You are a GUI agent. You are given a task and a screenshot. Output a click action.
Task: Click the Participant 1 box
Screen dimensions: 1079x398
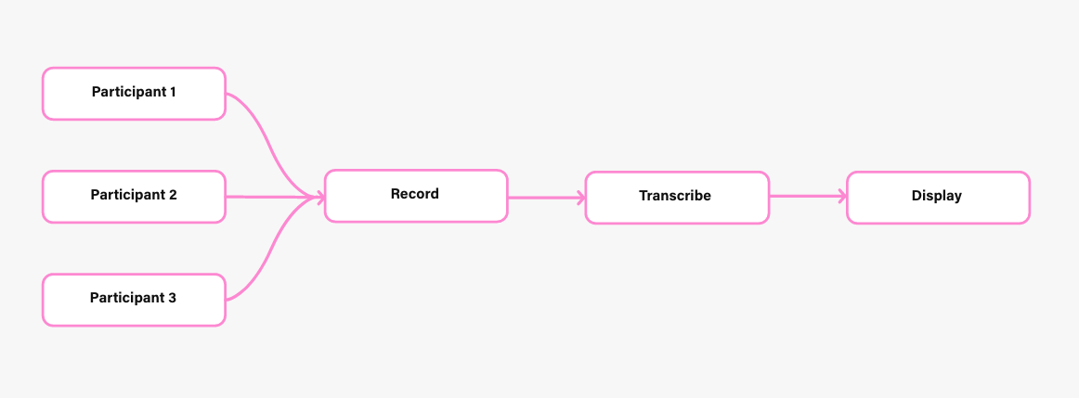tap(135, 94)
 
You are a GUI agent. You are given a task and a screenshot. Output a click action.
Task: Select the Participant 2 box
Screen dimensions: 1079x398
tap(135, 197)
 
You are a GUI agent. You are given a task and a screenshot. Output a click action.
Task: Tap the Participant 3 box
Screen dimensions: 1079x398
tap(135, 300)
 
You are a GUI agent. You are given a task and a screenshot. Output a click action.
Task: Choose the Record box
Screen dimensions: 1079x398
tap(416, 196)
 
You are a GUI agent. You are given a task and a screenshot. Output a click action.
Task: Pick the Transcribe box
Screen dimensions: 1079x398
tap(677, 198)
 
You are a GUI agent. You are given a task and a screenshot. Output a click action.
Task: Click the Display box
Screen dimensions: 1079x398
tap(938, 198)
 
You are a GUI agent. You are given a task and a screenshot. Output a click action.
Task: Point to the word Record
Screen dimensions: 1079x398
tap(415, 194)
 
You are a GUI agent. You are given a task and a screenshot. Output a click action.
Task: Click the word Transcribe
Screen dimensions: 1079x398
tap(675, 196)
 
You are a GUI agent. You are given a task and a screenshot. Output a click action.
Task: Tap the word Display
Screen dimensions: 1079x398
tap(937, 197)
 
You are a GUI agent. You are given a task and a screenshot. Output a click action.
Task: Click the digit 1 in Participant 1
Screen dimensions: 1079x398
tap(172, 92)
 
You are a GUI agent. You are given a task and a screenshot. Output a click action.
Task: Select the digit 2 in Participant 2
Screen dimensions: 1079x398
tap(173, 195)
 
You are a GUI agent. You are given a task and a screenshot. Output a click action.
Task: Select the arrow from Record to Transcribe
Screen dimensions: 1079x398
tap(547, 198)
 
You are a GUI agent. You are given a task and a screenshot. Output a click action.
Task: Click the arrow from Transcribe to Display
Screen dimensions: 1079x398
tap(808, 197)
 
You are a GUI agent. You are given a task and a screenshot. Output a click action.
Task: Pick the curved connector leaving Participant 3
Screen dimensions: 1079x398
tap(269, 250)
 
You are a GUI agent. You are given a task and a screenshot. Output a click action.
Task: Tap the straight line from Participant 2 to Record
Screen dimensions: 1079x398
tap(275, 198)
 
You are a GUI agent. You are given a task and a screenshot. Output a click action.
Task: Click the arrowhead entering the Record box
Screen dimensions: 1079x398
tap(320, 198)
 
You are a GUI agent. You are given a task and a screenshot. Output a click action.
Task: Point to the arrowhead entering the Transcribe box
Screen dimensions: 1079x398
tap(581, 198)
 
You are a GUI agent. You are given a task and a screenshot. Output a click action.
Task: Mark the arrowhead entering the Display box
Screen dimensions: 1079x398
tap(842, 197)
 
